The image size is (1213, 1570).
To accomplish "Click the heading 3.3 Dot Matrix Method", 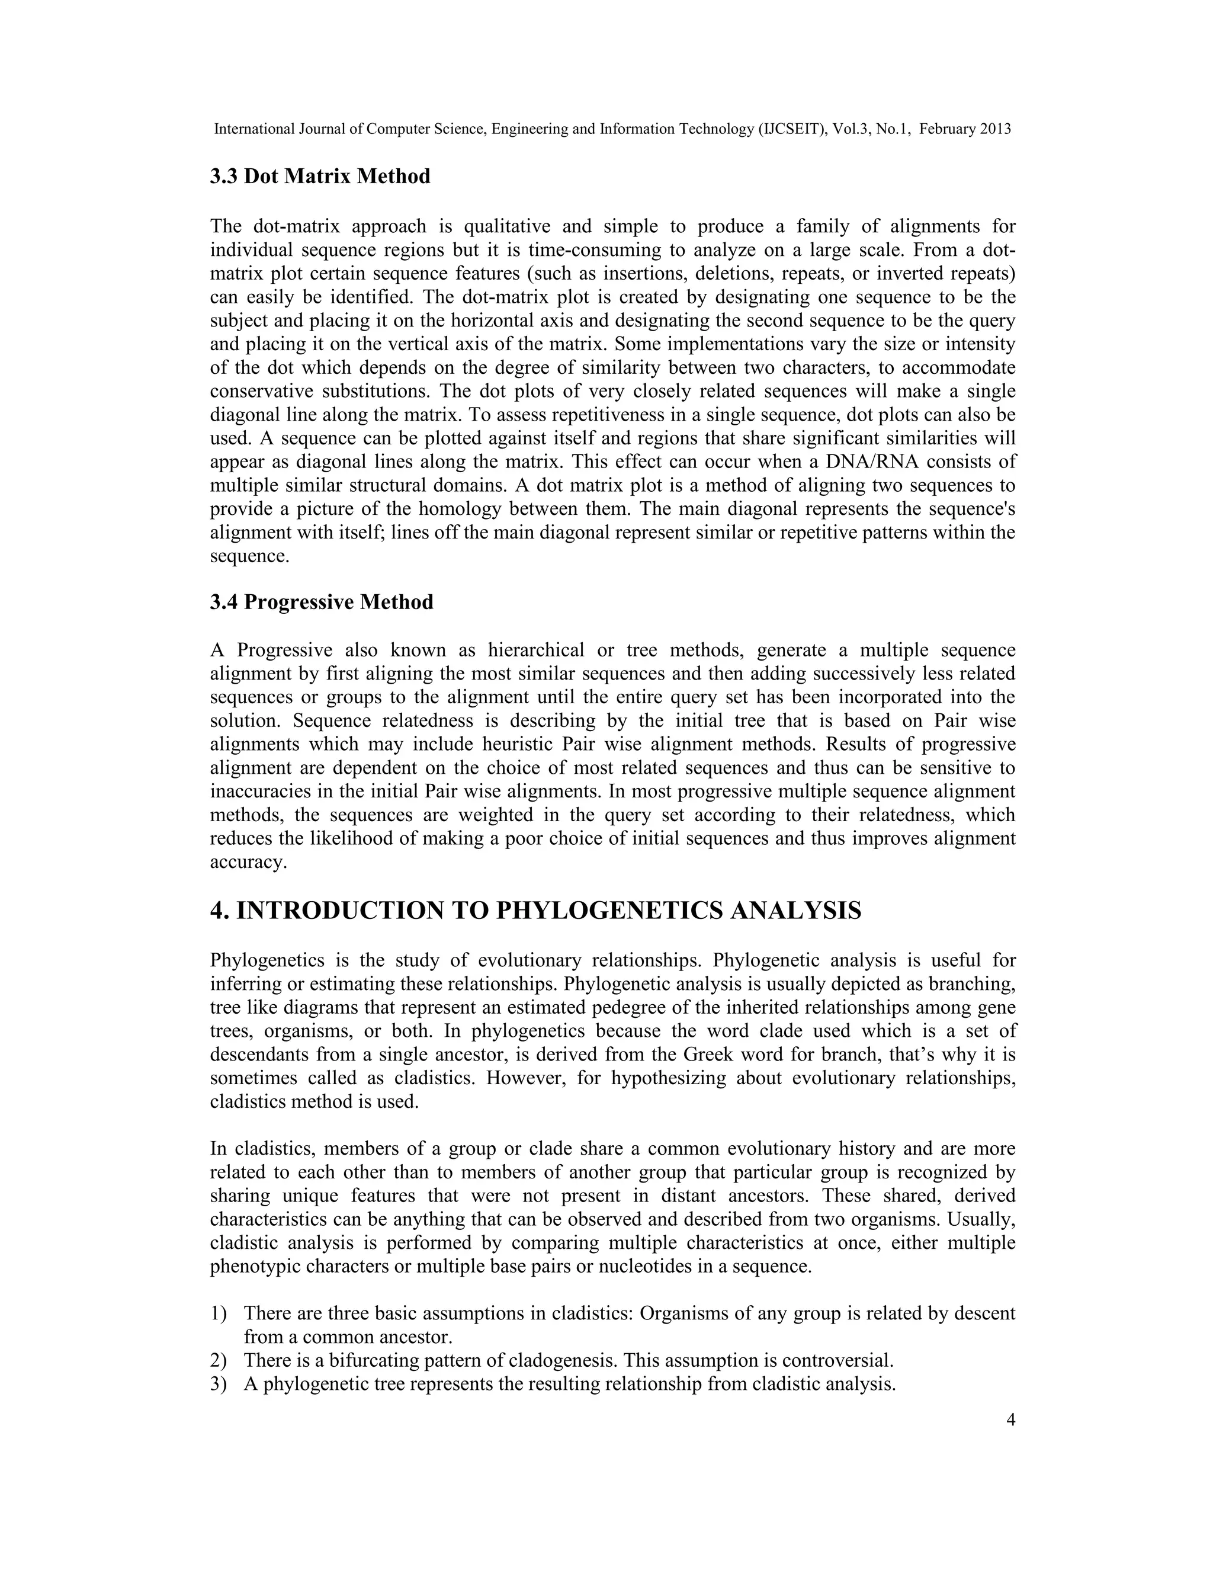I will point(320,177).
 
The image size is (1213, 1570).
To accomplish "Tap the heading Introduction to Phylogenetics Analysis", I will point(535,911).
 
